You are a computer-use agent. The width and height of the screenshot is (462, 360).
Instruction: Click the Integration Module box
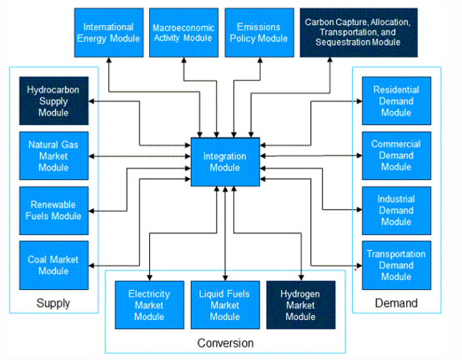(x=225, y=161)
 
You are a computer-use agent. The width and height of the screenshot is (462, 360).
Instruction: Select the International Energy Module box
(x=108, y=32)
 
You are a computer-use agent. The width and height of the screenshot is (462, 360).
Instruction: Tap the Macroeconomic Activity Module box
(x=183, y=32)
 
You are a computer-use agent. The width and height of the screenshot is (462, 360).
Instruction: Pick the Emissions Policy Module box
(x=258, y=32)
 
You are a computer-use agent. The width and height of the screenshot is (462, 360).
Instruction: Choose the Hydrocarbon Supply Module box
(x=53, y=100)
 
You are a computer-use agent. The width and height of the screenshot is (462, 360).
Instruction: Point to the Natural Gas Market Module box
(x=53, y=155)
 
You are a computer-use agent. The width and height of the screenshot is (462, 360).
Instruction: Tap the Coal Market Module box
(x=53, y=264)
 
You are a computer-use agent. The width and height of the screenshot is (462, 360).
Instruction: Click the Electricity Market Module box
(x=149, y=305)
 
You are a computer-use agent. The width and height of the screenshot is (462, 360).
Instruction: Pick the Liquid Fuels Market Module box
(x=225, y=305)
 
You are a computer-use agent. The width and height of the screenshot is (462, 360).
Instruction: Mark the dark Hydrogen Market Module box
(x=300, y=305)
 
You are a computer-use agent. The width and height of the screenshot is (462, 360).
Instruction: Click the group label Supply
(x=53, y=303)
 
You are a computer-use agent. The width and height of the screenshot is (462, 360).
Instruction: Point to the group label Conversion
(x=225, y=342)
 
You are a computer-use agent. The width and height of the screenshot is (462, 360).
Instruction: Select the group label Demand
(x=397, y=303)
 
